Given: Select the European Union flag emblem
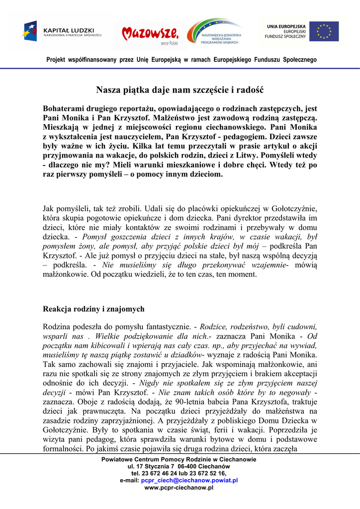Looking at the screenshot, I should tap(324, 31).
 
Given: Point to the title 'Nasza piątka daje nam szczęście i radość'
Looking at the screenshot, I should tap(180, 90).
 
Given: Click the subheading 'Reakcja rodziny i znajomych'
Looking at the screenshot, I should tap(93, 309).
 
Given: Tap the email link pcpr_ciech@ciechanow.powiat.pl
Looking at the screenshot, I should tap(189, 481).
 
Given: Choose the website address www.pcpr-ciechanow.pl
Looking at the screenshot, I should tap(179, 488).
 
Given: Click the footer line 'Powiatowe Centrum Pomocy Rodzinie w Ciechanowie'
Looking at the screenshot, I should tap(179, 460).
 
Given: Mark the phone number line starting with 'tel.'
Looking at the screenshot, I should tap(179, 474).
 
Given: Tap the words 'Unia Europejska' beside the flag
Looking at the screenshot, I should tap(286, 25).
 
